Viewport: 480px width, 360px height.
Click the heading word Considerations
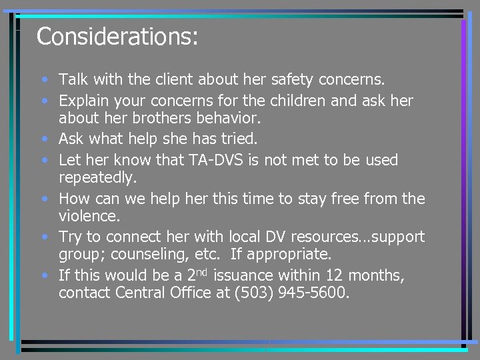[117, 37]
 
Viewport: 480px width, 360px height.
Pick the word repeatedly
[97, 179]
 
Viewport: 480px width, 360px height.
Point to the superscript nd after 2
[201, 271]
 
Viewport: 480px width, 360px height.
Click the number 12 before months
[355, 275]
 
